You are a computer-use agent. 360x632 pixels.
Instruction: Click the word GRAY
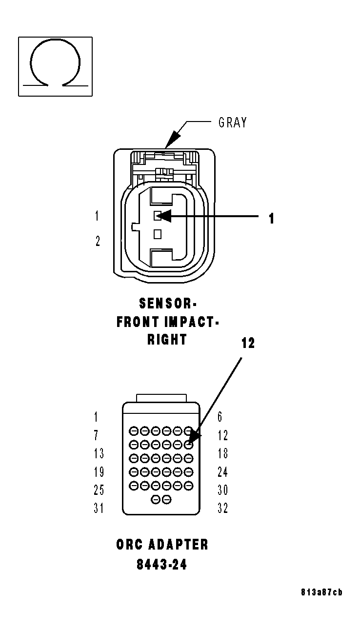point(232,122)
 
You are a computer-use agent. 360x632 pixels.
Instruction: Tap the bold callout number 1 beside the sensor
point(271,219)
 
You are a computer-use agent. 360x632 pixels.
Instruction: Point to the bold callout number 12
point(248,344)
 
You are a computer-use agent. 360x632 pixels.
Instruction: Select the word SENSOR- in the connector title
point(167,304)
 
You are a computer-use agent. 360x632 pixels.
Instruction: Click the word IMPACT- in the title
point(192,322)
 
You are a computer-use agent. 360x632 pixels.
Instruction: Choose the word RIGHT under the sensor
point(167,340)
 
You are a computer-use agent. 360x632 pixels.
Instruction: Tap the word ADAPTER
point(178,545)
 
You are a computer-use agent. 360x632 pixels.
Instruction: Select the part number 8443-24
point(162,565)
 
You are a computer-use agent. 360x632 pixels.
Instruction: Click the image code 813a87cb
point(321,592)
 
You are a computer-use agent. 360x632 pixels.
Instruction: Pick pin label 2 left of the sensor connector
point(98,241)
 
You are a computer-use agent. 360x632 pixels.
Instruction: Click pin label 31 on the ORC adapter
point(99,508)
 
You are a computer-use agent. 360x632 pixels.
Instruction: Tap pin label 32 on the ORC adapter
point(222,508)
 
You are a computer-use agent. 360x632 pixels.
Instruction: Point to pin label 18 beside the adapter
point(222,453)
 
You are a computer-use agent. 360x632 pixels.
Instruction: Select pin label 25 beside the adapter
point(99,489)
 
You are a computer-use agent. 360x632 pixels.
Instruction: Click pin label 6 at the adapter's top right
point(220,417)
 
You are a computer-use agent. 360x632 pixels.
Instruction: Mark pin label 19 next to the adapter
point(99,472)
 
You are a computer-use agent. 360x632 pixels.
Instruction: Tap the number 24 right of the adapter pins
point(222,472)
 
